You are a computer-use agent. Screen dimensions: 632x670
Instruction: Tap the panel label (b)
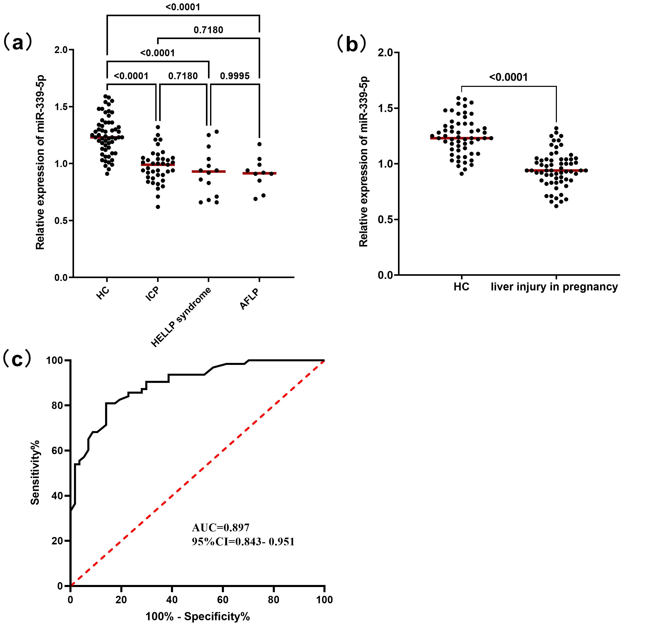(351, 45)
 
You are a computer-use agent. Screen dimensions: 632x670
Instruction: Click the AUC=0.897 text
(220, 528)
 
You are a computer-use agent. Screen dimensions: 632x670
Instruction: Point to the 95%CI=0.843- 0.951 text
(243, 542)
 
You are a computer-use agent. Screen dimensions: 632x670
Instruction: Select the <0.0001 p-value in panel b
(508, 77)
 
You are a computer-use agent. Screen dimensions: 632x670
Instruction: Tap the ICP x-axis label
(152, 294)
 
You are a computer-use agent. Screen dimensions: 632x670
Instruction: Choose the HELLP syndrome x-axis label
(181, 317)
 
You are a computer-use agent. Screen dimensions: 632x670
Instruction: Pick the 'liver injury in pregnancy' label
(554, 287)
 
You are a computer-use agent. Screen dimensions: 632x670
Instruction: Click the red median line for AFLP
(259, 173)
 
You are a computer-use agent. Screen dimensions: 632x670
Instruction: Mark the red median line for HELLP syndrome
(208, 171)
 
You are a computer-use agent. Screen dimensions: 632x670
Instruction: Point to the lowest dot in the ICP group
(158, 207)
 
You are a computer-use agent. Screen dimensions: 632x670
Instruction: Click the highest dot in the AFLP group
(259, 144)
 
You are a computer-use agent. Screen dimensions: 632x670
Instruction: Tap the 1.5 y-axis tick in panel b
(385, 108)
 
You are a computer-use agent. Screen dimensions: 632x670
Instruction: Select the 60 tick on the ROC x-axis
(223, 600)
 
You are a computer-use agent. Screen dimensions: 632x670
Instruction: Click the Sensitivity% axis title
(35, 473)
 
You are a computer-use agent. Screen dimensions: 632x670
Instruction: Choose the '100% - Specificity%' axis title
(197, 617)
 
